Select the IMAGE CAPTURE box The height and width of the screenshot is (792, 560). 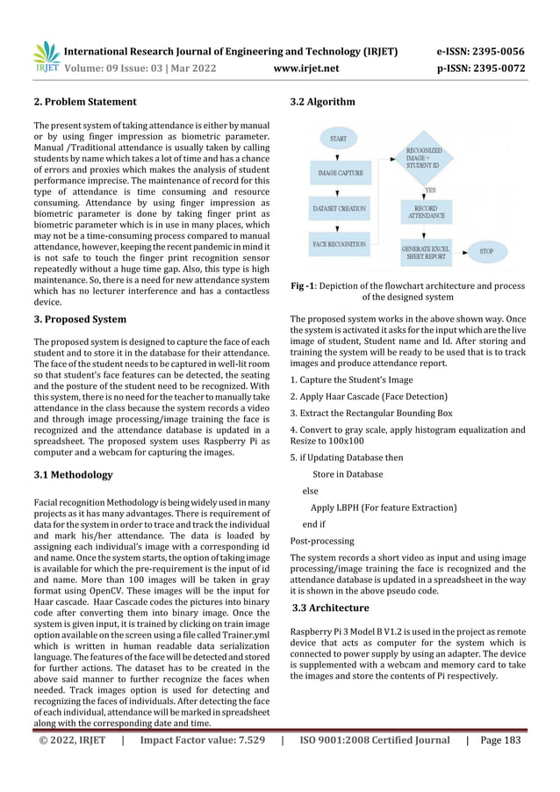tap(339, 173)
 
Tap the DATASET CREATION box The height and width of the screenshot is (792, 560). tap(339, 209)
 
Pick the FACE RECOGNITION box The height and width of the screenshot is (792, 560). tap(339, 242)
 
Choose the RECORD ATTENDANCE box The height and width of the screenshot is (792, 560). tap(426, 212)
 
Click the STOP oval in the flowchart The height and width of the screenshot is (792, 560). tap(485, 251)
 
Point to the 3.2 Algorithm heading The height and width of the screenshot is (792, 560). tap(322, 103)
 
